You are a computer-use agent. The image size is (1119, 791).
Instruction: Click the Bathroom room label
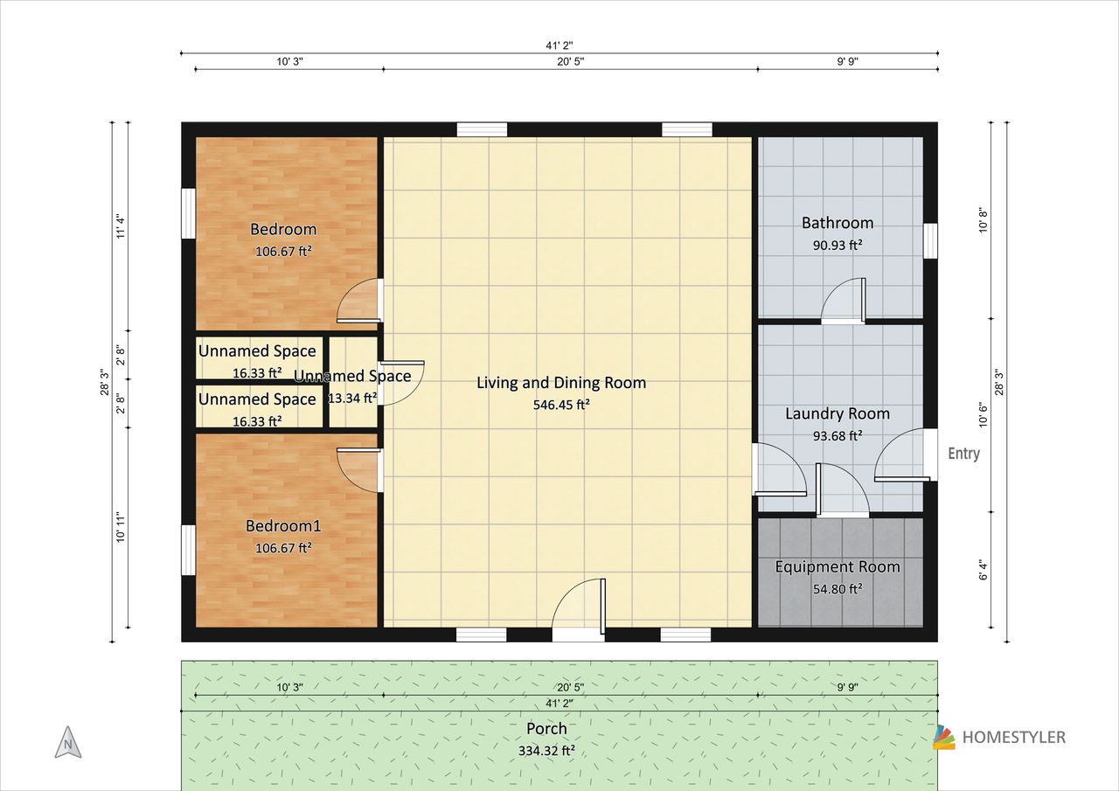pos(838,223)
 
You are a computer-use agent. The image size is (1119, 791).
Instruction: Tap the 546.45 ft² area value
pos(561,405)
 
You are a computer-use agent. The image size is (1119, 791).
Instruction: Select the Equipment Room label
pos(838,566)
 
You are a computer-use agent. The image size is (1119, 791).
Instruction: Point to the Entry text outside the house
pos(963,454)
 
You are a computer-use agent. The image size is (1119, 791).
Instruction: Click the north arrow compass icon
pos(68,743)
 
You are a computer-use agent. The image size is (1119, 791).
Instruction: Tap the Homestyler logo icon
pos(943,737)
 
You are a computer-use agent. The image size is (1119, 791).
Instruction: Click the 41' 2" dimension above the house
pos(559,45)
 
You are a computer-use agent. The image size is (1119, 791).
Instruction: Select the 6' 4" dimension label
pos(983,570)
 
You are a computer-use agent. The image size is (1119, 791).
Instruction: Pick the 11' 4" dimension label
pos(121,226)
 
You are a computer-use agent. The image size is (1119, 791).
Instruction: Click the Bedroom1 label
pos(283,526)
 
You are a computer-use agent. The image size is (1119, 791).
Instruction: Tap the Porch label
pos(546,729)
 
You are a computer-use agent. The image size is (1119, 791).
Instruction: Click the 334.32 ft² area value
pos(546,751)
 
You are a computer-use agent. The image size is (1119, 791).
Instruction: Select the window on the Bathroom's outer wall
pos(929,240)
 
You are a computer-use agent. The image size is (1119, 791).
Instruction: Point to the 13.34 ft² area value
pos(352,398)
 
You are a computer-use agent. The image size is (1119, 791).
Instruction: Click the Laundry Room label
pos(838,413)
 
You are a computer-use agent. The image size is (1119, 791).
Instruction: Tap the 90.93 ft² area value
pos(838,245)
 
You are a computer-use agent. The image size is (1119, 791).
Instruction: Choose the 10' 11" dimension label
pos(121,527)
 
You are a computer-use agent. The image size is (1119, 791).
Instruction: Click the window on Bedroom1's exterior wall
pos(188,550)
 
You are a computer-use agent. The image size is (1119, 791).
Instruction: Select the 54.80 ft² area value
pos(838,589)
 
